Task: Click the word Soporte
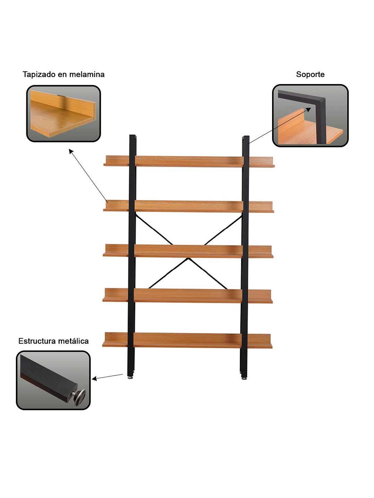[x=310, y=74]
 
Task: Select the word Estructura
[x=37, y=341]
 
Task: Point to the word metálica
[x=73, y=341]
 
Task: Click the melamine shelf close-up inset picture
[x=64, y=114]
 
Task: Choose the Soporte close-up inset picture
[x=310, y=116]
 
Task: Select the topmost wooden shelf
[x=189, y=161]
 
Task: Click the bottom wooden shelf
[x=187, y=340]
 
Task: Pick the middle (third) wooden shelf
[x=188, y=251]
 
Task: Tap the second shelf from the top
[x=189, y=206]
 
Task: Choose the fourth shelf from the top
[x=188, y=296]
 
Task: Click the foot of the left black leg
[x=130, y=377]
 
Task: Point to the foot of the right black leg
[x=244, y=378]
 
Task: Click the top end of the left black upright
[x=133, y=136]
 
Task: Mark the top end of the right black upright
[x=246, y=137]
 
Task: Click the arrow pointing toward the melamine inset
[x=88, y=176]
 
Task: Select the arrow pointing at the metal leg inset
[x=107, y=377]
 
